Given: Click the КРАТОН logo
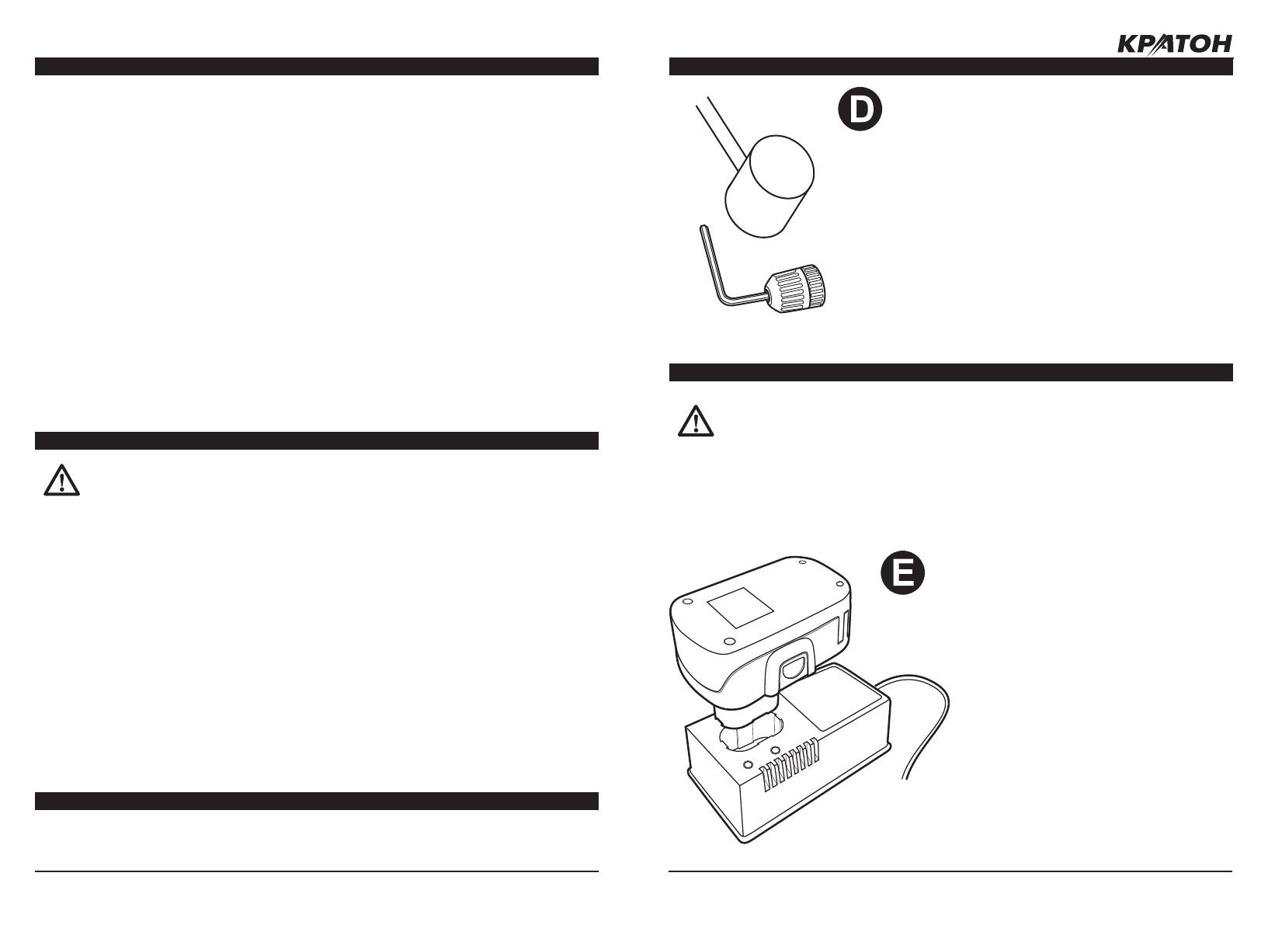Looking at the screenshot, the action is coord(1174,45).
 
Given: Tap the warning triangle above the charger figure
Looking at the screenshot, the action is coord(697,421).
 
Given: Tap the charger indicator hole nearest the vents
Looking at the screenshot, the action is coord(774,750).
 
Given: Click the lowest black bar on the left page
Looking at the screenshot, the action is coord(317,801).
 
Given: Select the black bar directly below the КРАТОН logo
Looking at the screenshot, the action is coord(950,67).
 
